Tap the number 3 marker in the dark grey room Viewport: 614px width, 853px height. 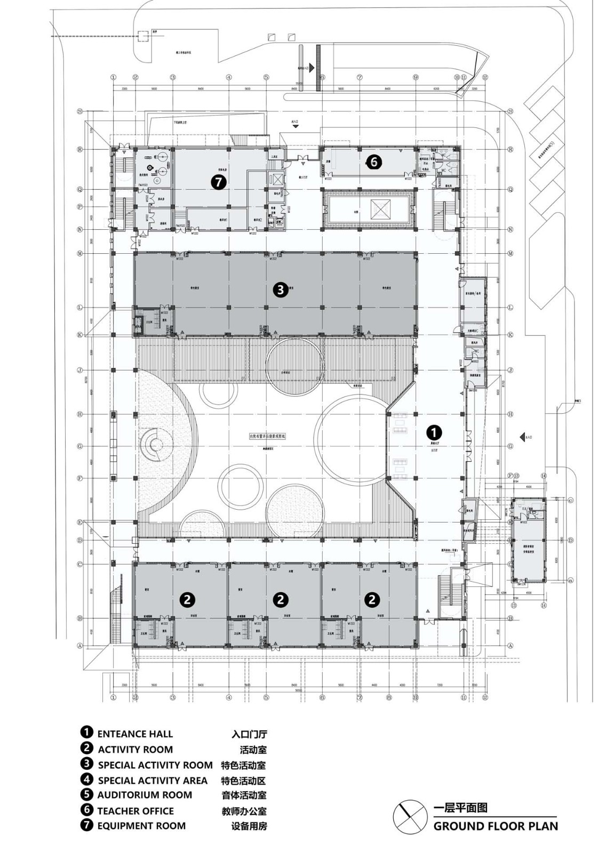click(281, 289)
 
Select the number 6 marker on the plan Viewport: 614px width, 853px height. click(374, 161)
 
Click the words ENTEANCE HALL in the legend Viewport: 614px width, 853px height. click(135, 734)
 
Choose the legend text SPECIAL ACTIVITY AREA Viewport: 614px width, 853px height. click(153, 780)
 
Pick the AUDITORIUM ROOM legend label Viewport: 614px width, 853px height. click(145, 795)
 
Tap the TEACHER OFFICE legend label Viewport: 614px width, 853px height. click(135, 811)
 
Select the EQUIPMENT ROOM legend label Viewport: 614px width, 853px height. click(141, 826)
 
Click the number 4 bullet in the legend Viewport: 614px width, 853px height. click(86, 780)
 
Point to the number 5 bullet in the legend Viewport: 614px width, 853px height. click(86, 795)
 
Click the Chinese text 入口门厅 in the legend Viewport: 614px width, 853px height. click(249, 734)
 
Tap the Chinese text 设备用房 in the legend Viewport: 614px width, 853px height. click(249, 826)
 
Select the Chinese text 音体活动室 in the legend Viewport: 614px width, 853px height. click(244, 795)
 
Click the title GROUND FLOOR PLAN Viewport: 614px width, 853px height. click(496, 826)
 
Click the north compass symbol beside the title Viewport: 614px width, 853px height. click(410, 816)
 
